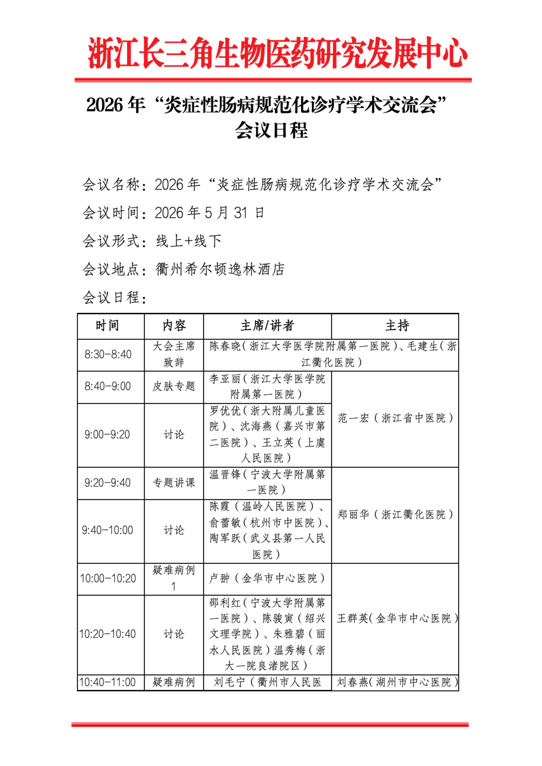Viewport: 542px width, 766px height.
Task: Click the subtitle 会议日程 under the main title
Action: click(x=271, y=130)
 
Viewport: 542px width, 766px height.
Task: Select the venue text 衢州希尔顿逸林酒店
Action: click(x=220, y=269)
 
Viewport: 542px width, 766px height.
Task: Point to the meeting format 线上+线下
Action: click(x=189, y=241)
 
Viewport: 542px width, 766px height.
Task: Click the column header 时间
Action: click(x=107, y=325)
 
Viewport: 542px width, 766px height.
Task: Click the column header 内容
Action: click(x=174, y=325)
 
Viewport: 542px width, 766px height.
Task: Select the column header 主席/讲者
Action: click(x=267, y=325)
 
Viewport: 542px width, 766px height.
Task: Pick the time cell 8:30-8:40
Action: click(x=108, y=354)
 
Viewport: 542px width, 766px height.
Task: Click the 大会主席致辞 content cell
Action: click(x=174, y=354)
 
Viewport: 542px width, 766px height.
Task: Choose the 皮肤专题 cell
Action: click(x=174, y=386)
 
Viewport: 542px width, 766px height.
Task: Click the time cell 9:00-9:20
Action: click(x=107, y=434)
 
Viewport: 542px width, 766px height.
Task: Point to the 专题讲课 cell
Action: click(x=174, y=482)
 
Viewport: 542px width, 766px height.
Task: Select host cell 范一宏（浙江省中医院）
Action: click(x=395, y=418)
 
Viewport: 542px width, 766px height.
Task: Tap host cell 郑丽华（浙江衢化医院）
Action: click(x=395, y=514)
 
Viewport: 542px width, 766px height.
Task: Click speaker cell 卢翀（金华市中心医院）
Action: click(x=267, y=578)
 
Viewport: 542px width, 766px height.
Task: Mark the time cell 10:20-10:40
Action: click(x=107, y=634)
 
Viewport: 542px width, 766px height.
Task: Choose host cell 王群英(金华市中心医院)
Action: click(x=397, y=618)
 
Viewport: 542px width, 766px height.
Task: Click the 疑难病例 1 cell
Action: click(x=174, y=578)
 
